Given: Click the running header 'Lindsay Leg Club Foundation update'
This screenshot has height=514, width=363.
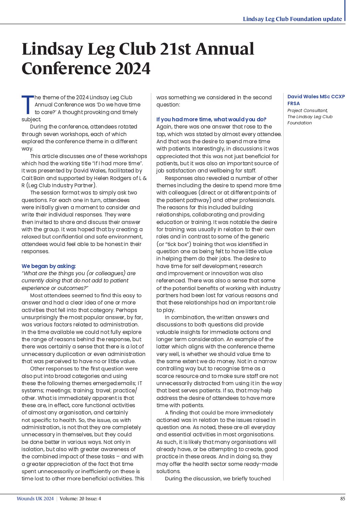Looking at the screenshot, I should (292, 19).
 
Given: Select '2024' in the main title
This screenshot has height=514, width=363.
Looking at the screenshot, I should (132, 68).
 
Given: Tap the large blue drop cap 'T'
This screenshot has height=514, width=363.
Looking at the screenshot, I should (27, 105).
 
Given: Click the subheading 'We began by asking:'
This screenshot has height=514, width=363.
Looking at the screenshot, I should (49, 266).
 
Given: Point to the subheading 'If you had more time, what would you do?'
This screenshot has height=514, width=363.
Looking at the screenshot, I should (211, 119).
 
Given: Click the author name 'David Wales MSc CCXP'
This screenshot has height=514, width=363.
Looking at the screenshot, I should (316, 97).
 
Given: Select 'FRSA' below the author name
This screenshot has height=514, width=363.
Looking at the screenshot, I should (294, 103).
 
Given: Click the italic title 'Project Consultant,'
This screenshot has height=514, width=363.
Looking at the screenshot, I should (307, 110).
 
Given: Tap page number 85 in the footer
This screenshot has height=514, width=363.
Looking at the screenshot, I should (342, 499).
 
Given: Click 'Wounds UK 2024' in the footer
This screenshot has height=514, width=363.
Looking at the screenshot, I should (35, 499).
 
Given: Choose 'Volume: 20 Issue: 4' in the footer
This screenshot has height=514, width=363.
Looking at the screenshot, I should (80, 499).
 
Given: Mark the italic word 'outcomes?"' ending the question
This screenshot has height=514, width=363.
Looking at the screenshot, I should (73, 288).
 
